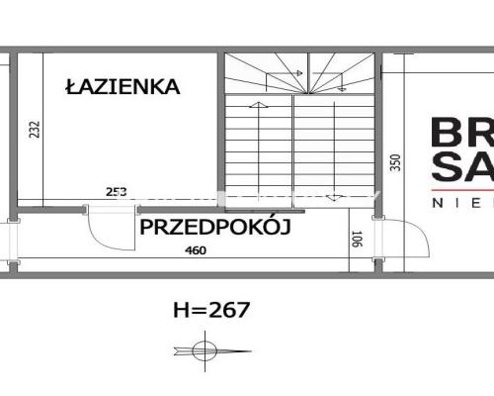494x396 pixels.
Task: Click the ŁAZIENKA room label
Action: [123, 87]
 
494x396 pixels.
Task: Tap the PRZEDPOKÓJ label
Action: [214, 228]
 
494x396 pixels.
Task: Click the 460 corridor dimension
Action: [196, 250]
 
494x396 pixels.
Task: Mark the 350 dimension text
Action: [396, 161]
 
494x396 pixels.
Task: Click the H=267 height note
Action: [211, 309]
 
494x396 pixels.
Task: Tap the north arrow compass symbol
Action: [205, 349]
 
